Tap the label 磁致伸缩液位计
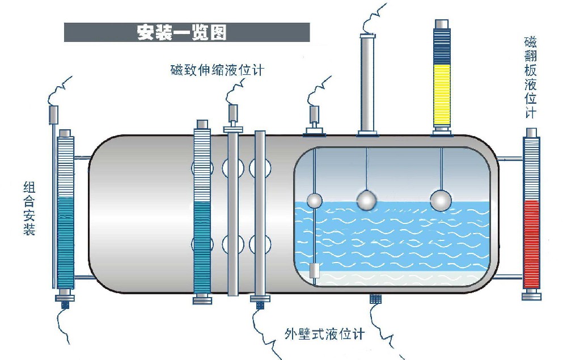(218, 70)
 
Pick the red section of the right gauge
(532, 244)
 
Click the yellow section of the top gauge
(441, 94)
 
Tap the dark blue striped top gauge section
(441, 46)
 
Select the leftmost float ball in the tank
(314, 200)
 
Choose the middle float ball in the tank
(366, 199)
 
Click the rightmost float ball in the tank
(441, 200)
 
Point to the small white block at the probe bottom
(316, 271)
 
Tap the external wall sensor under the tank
(375, 299)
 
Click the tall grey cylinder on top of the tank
(367, 82)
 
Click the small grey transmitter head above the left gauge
(54, 115)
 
